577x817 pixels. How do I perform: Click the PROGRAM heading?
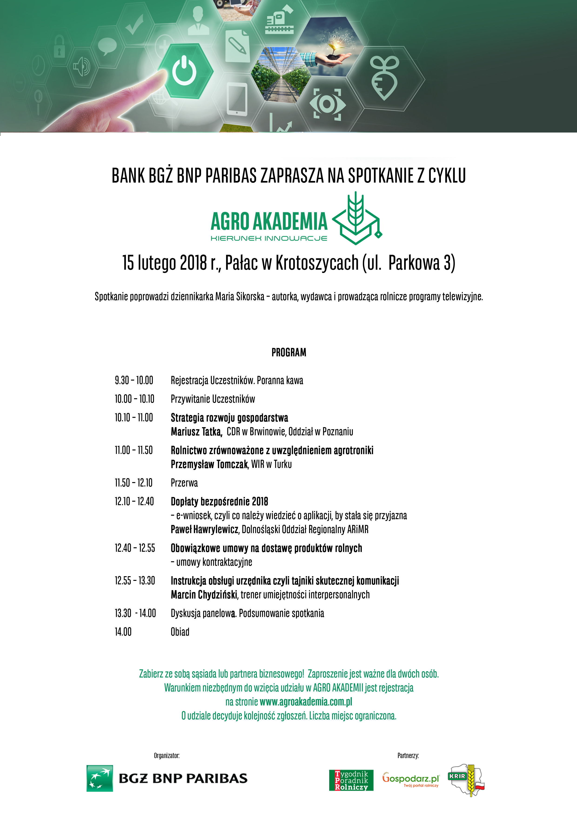(x=289, y=352)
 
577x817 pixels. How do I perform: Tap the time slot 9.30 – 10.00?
(x=134, y=380)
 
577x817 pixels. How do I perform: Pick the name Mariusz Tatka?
(x=196, y=432)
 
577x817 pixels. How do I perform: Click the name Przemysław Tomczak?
(x=209, y=464)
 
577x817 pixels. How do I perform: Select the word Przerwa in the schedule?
(x=184, y=483)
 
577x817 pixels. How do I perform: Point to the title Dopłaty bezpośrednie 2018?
(x=219, y=501)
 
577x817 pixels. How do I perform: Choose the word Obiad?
(x=180, y=632)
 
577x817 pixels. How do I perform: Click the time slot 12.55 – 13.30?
(x=135, y=581)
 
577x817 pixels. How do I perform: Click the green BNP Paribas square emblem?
(x=100, y=778)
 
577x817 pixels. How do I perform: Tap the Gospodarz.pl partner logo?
(x=411, y=779)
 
